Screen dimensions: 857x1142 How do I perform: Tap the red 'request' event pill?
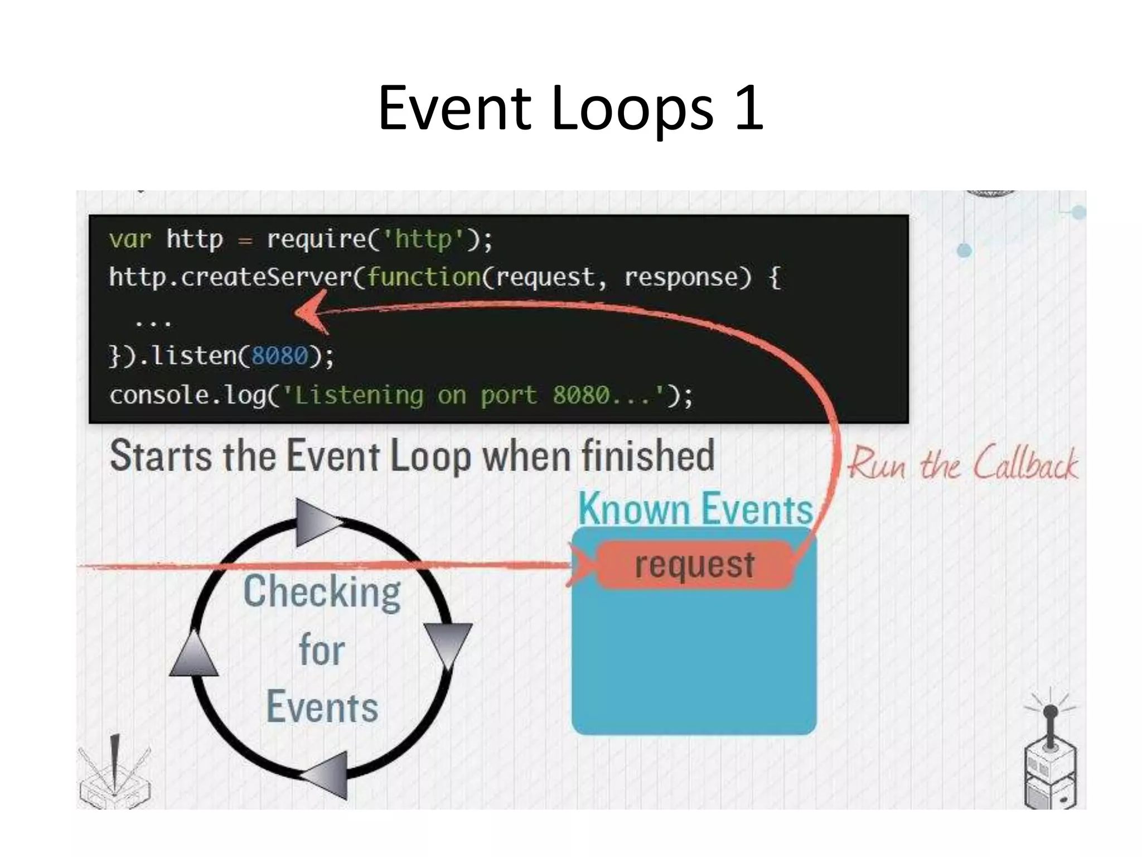[x=694, y=564]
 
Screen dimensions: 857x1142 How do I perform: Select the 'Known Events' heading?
[x=695, y=509]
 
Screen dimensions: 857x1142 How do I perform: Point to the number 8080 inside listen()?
[x=279, y=355]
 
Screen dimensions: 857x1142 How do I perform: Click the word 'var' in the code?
[x=130, y=239]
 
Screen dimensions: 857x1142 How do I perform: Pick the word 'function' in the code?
[x=424, y=277]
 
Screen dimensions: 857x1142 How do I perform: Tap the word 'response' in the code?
[x=688, y=277]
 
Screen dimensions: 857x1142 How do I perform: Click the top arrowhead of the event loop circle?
[x=316, y=522]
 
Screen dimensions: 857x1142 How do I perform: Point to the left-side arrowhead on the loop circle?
[x=194, y=656]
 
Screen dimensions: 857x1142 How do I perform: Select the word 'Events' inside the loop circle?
[x=322, y=707]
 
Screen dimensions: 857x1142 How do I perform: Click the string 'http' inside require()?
[x=423, y=239]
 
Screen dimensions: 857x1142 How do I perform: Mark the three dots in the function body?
[x=153, y=322]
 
